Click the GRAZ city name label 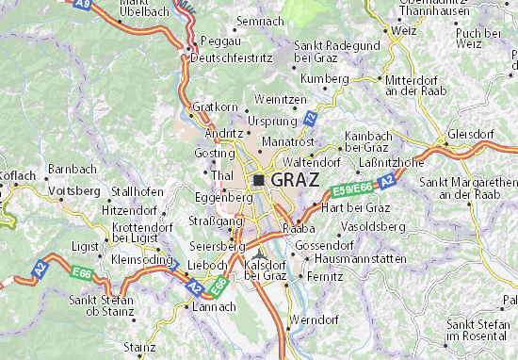point(294,179)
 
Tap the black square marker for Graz point(257,180)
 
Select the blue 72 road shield point(310,116)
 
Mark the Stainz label point(138,347)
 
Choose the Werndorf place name point(313,320)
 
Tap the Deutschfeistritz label point(231,57)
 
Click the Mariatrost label point(287,140)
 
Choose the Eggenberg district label point(223,198)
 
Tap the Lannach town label point(214,307)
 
